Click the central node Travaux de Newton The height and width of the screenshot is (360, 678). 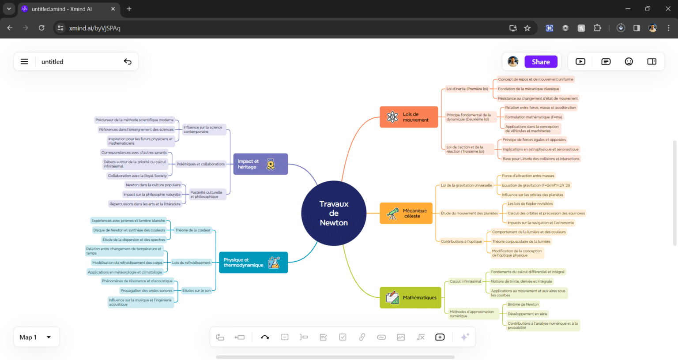pyautogui.click(x=334, y=214)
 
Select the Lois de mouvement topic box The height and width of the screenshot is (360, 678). pyautogui.click(x=409, y=117)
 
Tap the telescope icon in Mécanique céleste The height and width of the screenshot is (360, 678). pyautogui.click(x=392, y=214)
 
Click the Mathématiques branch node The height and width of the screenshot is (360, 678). pyautogui.click(x=411, y=298)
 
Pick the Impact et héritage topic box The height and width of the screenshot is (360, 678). pyautogui.click(x=260, y=164)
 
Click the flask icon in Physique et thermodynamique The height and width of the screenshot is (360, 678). pyautogui.click(x=274, y=262)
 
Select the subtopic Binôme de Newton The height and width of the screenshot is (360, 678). pyautogui.click(x=523, y=304)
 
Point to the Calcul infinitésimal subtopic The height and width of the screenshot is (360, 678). pyautogui.click(x=465, y=281)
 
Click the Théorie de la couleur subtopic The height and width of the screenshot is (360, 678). pyautogui.click(x=193, y=230)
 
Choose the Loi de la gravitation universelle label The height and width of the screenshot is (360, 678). pyautogui.click(x=466, y=185)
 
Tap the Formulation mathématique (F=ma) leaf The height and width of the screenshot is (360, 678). pyautogui.click(x=533, y=117)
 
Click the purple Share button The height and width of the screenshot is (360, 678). pyautogui.click(x=541, y=62)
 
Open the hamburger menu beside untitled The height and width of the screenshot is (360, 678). pyautogui.click(x=25, y=62)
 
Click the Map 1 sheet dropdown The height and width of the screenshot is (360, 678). pyautogui.click(x=35, y=337)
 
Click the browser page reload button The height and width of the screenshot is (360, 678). pyautogui.click(x=41, y=28)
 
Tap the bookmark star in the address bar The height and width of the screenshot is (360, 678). pyautogui.click(x=527, y=28)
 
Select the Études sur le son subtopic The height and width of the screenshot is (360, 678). pyautogui.click(x=196, y=291)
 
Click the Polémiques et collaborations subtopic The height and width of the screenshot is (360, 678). pyautogui.click(x=201, y=164)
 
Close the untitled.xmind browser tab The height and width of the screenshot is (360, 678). pyautogui.click(x=113, y=9)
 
